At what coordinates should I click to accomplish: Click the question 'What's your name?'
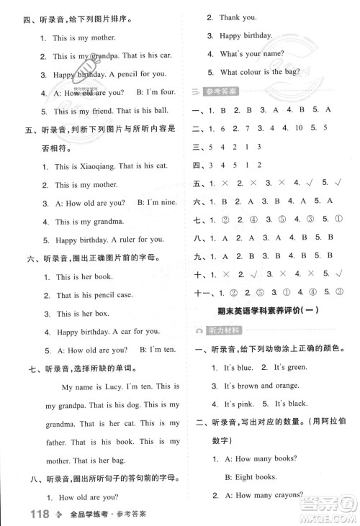pos(252,54)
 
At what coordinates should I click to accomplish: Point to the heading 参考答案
pos(224,91)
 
